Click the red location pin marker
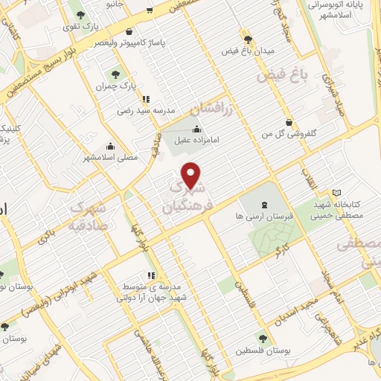coord(192,175)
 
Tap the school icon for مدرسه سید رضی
coord(146,98)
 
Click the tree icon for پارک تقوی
coord(80,14)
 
